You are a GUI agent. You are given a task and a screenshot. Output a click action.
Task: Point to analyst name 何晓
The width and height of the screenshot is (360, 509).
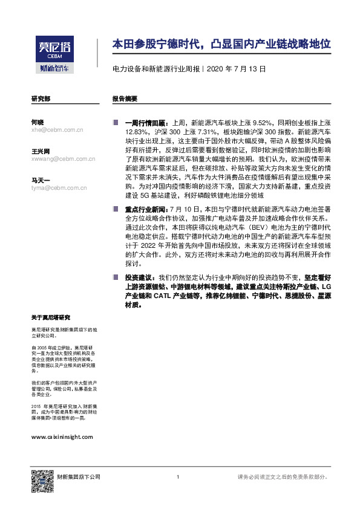coord(37,122)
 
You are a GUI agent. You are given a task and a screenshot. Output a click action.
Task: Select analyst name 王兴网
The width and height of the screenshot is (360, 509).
coord(41,151)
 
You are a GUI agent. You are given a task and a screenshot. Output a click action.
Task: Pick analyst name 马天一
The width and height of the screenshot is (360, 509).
coord(40,180)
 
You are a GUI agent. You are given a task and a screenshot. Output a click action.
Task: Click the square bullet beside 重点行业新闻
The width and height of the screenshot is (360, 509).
coord(116,209)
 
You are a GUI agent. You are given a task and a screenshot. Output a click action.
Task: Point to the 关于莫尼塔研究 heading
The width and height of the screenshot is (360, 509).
coord(51,317)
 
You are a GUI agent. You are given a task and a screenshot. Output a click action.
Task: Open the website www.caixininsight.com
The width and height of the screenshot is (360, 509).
coord(62,436)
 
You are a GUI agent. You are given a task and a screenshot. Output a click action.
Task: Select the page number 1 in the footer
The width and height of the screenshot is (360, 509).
coord(177,478)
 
